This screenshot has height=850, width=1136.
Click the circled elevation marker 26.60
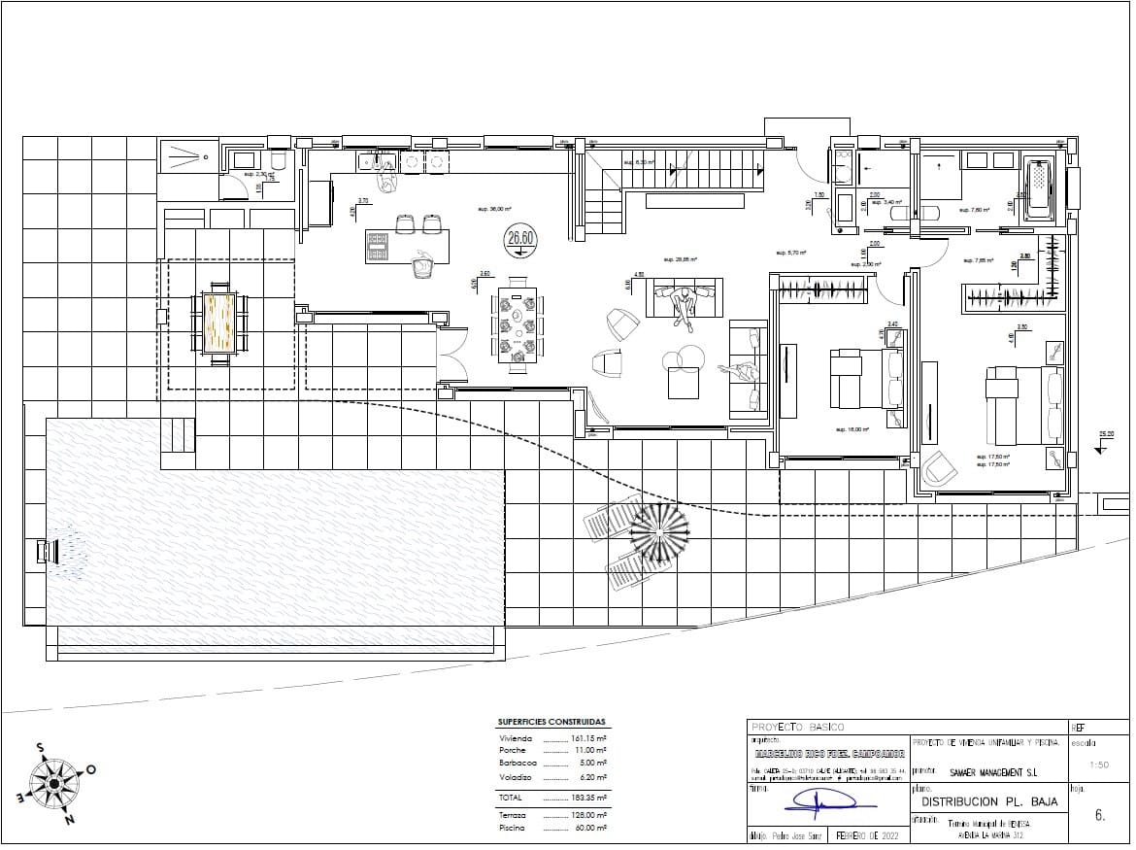(521, 238)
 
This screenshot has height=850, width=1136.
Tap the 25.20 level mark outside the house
(1106, 435)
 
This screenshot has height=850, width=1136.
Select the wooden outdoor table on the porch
(220, 323)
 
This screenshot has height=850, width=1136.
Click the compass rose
(55, 780)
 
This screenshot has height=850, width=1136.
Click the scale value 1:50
(1099, 765)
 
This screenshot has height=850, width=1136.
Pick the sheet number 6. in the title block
(1099, 816)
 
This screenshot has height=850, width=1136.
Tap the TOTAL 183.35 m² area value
(587, 797)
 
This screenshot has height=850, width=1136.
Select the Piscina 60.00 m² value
(587, 829)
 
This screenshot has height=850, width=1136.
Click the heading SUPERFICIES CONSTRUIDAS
(551, 723)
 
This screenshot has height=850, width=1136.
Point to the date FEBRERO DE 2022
(861, 835)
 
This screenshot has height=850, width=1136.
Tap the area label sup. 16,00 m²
(852, 428)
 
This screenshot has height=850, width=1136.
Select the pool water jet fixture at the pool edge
(44, 551)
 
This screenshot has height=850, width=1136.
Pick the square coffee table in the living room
(684, 386)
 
